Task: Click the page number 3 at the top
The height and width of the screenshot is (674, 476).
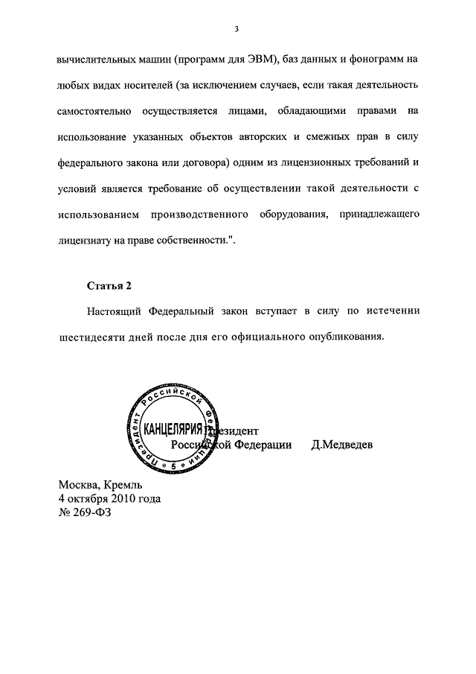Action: tap(236, 29)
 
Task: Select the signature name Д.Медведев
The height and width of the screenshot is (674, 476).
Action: tap(342, 445)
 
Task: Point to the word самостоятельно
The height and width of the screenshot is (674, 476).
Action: tap(95, 111)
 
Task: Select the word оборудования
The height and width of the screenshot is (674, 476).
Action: tap(292, 214)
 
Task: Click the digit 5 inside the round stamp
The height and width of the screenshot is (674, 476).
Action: tap(173, 465)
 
